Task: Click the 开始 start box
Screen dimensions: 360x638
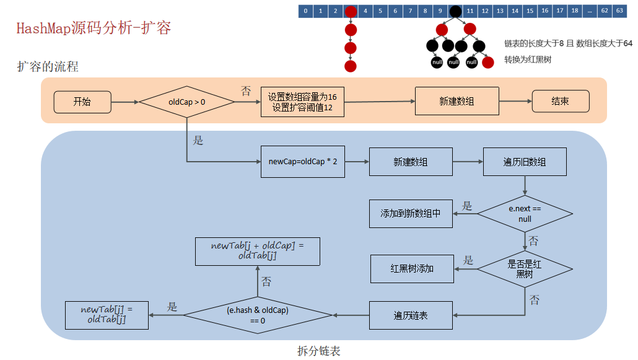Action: pyautogui.click(x=82, y=102)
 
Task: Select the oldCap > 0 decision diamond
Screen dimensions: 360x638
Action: pyautogui.click(x=186, y=102)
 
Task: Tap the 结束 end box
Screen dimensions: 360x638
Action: pyautogui.click(x=561, y=102)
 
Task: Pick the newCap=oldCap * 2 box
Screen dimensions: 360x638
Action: pyautogui.click(x=302, y=162)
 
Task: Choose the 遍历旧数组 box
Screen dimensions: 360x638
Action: pyautogui.click(x=524, y=162)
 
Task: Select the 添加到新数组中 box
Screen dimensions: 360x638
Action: pyautogui.click(x=411, y=213)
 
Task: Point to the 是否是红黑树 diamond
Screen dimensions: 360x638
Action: pyautogui.click(x=525, y=268)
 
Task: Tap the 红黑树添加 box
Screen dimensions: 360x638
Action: pyautogui.click(x=412, y=268)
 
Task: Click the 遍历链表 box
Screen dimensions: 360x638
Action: pyautogui.click(x=411, y=315)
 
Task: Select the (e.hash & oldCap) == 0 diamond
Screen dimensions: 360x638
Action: pyautogui.click(x=258, y=315)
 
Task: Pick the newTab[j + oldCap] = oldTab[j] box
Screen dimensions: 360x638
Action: pyautogui.click(x=257, y=251)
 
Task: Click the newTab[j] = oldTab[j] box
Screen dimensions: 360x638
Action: pyautogui.click(x=107, y=314)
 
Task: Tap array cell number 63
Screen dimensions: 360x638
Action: pyautogui.click(x=619, y=11)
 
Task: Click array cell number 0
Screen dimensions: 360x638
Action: pyautogui.click(x=305, y=11)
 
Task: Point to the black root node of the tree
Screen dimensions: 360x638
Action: pyautogui.click(x=455, y=11)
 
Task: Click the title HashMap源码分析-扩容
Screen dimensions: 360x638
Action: pyautogui.click(x=94, y=29)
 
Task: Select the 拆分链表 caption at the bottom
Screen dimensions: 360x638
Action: pyautogui.click(x=318, y=351)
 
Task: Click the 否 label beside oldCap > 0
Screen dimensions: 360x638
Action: pyautogui.click(x=246, y=92)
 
